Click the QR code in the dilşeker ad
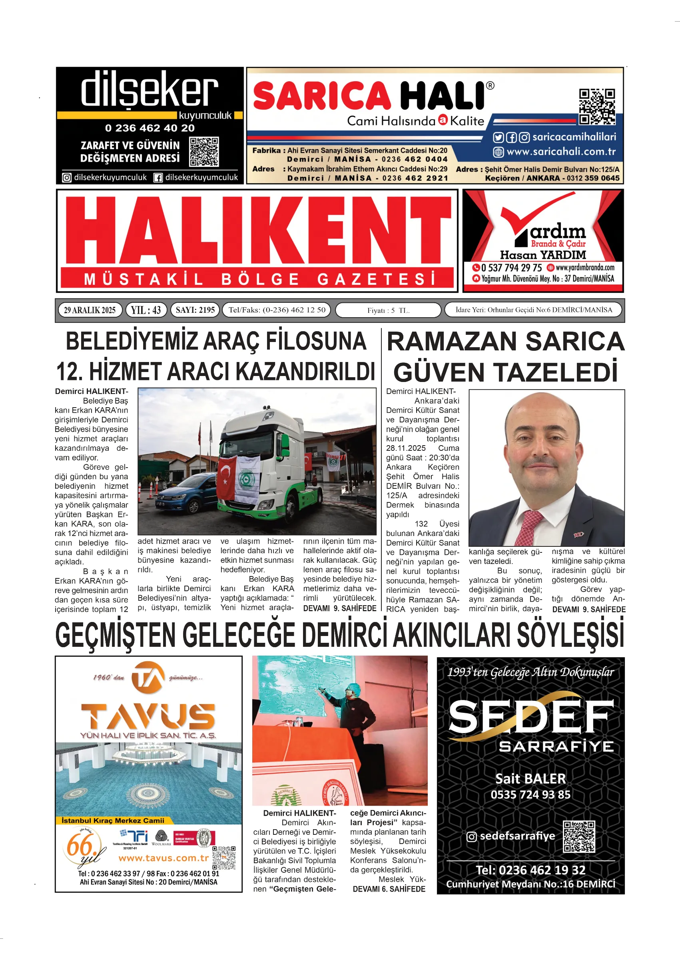[204, 151]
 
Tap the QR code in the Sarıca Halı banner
[597, 106]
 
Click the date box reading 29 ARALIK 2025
[90, 310]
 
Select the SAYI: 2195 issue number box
[195, 310]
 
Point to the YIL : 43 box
[146, 310]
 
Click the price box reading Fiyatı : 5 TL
[388, 310]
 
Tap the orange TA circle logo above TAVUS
[148, 677]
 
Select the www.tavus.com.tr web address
[163, 858]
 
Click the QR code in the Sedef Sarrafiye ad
[579, 836]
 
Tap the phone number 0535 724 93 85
[530, 794]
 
